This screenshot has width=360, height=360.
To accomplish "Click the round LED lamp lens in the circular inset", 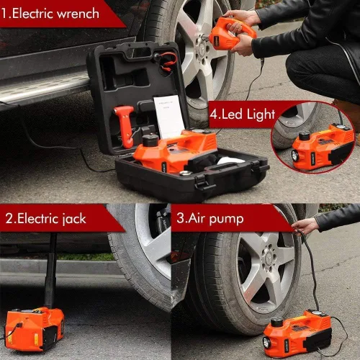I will click(x=294, y=155).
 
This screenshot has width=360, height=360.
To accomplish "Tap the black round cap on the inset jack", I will click(x=304, y=135).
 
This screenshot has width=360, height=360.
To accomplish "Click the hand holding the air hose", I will click(x=305, y=226).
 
